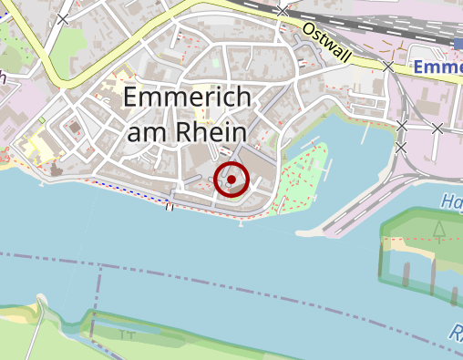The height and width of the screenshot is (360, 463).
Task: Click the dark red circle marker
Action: pyautogui.click(x=231, y=180)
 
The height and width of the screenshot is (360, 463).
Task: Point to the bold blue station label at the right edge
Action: pyautogui.click(x=437, y=67)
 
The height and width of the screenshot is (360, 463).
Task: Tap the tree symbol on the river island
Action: pyautogui.click(x=440, y=229)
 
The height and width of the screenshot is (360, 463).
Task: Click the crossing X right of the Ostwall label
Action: pyautogui.click(x=389, y=67)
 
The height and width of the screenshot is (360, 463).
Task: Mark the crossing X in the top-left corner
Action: pyautogui.click(x=63, y=19)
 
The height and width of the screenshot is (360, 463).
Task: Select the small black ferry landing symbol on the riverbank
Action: pyautogui.click(x=170, y=206)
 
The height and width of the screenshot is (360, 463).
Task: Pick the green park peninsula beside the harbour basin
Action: pyautogui.click(x=305, y=178)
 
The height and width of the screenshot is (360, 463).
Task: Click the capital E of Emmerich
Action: pyautogui.click(x=131, y=98)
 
